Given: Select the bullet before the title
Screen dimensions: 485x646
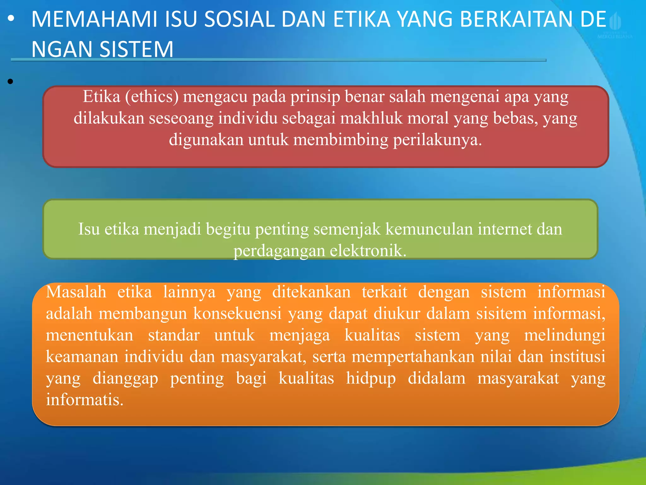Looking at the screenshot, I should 11,20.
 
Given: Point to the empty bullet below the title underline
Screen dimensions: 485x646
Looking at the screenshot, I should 10,82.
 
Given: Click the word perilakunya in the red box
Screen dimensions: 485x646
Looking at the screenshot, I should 437,140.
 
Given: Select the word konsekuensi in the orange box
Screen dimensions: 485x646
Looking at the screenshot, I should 237,313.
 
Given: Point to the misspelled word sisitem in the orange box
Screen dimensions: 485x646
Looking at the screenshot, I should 501,313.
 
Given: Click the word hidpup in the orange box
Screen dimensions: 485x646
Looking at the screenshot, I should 371,378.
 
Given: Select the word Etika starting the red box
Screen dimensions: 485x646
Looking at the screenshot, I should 102,96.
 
